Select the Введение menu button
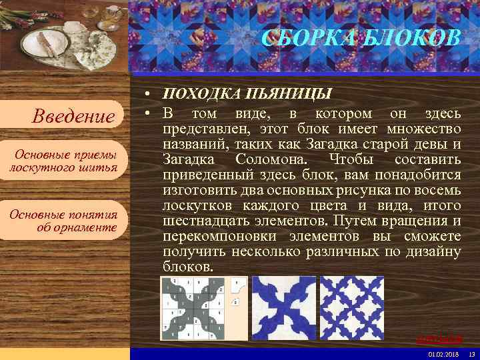[x=74, y=117]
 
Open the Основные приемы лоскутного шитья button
[x=63, y=161]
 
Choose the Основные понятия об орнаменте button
[x=63, y=221]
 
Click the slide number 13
[x=471, y=353]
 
